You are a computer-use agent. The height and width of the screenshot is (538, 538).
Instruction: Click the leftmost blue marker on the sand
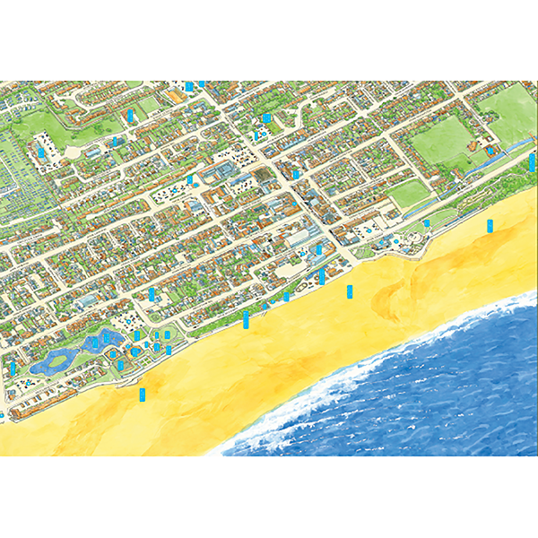[x=141, y=395]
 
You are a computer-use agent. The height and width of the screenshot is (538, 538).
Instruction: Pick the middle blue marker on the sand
[x=350, y=291]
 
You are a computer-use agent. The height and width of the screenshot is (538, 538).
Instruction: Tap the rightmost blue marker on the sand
[x=490, y=225]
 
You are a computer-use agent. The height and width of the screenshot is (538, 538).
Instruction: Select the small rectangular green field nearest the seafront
[x=408, y=192]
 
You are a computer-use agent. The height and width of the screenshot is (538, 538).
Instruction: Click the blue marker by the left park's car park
[x=41, y=152]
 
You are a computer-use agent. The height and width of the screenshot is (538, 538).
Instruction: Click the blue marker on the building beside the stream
[x=490, y=152]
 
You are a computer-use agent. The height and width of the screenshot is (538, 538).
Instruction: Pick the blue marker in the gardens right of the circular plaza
[x=427, y=223]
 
